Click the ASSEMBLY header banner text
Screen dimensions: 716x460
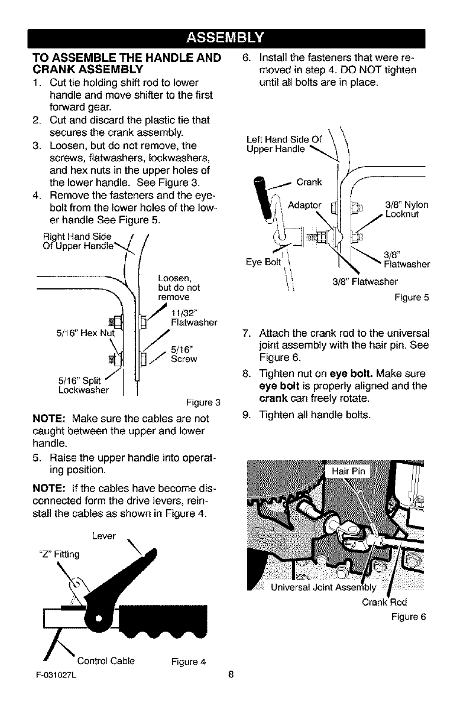(229, 39)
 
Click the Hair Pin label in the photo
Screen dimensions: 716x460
(350, 471)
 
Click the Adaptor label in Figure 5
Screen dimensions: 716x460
(304, 205)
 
